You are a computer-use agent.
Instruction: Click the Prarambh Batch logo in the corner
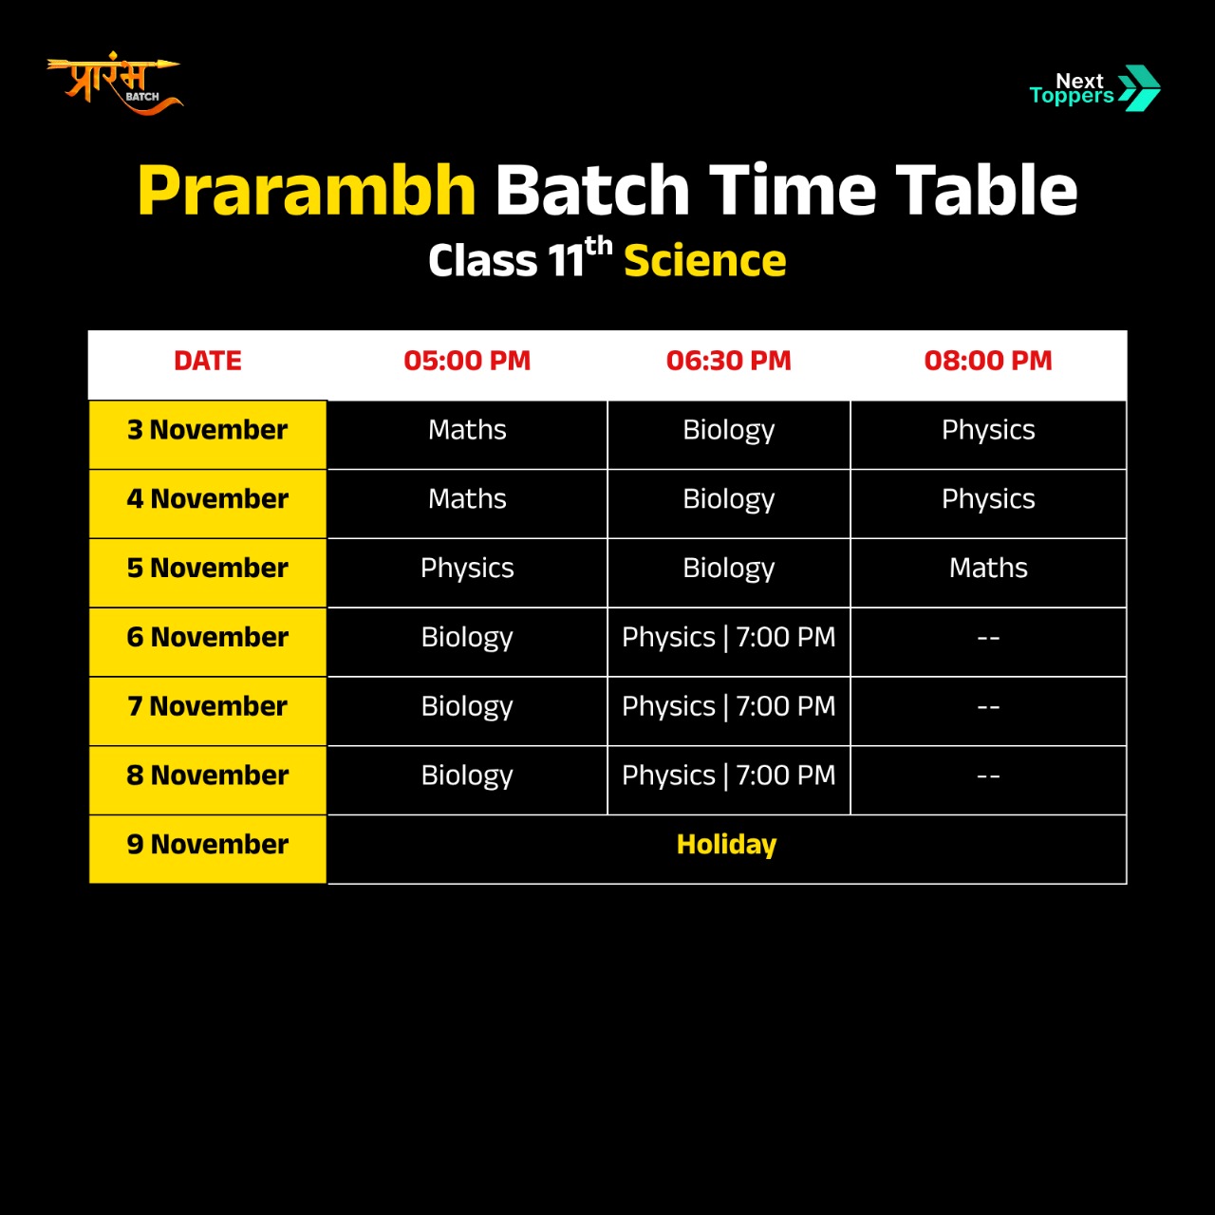tap(115, 84)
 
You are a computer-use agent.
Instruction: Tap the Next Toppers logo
tap(1094, 88)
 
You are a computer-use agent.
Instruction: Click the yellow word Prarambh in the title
tap(307, 192)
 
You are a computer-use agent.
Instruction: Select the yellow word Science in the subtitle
tap(705, 260)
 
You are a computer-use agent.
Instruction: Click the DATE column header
tap(208, 361)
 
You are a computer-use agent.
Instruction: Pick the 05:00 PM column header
tap(467, 361)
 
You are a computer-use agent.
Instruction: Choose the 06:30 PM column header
tap(728, 361)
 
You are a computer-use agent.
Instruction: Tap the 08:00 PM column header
tap(988, 361)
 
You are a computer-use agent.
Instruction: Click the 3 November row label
tap(208, 430)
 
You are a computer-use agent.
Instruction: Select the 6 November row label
tap(208, 637)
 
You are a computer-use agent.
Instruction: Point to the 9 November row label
tap(208, 844)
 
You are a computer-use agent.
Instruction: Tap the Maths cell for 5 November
tap(988, 568)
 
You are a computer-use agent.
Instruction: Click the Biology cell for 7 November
tap(467, 707)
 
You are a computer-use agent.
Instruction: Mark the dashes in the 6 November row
tap(988, 638)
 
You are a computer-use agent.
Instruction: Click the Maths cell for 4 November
tap(467, 498)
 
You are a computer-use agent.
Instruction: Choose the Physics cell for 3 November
tap(988, 431)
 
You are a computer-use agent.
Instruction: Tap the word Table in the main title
tap(986, 191)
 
